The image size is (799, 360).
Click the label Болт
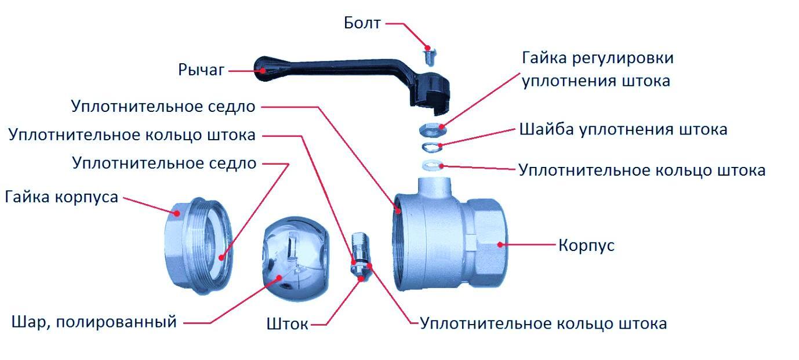[x=362, y=23]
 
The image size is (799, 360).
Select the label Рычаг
[x=201, y=70]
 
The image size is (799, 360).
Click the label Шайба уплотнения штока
[x=623, y=129]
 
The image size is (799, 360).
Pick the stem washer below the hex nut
[x=432, y=147]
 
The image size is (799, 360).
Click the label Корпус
[x=586, y=245]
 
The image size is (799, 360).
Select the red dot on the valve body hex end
[x=500, y=245]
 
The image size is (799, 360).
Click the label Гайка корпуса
[x=61, y=197]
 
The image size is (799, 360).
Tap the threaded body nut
[x=198, y=246]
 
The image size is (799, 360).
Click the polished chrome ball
[x=296, y=259]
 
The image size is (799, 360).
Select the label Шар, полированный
[x=94, y=322]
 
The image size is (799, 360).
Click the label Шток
[x=287, y=324]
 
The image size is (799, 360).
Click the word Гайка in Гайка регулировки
[x=544, y=58]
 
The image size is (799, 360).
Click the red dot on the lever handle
[x=263, y=71]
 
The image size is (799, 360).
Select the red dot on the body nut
[x=177, y=213]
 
